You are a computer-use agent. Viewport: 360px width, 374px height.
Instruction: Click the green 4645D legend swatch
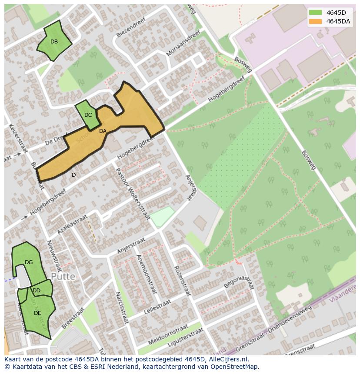coord(315,13)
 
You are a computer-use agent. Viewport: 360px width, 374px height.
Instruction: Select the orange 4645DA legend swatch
coord(315,21)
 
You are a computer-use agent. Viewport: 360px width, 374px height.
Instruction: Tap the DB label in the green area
coord(54,42)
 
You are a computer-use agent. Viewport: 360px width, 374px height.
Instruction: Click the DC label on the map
coord(88,115)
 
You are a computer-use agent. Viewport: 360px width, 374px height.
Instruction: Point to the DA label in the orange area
coord(103,131)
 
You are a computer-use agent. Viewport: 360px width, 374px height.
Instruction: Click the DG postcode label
coord(29,262)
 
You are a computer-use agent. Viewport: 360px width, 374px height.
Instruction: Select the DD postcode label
coord(37,291)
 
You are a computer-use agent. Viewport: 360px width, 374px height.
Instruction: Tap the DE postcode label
coord(37,313)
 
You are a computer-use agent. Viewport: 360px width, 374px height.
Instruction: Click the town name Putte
coord(63,276)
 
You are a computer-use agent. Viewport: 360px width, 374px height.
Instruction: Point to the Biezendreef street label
coord(130,30)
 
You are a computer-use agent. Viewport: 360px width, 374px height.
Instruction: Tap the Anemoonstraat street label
coord(146,274)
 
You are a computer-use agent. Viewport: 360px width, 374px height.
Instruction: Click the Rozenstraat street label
coord(183,281)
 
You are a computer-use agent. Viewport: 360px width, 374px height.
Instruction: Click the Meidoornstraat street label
coord(168,334)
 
